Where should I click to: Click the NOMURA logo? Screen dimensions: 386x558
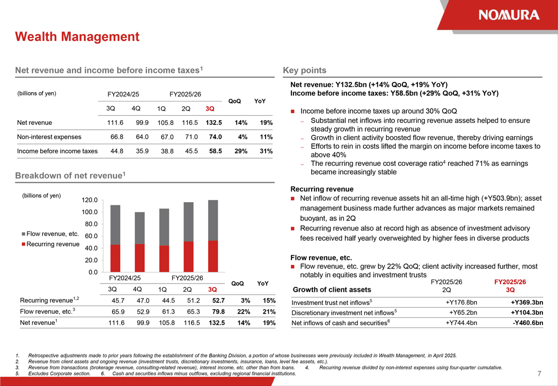click(509, 14)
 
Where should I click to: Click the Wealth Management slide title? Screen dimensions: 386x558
click(77, 36)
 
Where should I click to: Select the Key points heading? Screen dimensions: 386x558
click(304, 70)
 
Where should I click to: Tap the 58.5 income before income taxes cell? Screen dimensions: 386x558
click(215, 151)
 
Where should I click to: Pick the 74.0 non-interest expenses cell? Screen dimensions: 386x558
click(215, 137)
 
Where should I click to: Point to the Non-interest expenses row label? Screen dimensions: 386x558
click(49, 137)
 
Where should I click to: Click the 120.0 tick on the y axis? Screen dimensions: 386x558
click(89, 200)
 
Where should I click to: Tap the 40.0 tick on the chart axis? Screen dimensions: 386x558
click(91, 248)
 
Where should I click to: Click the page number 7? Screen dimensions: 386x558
click(539, 373)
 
